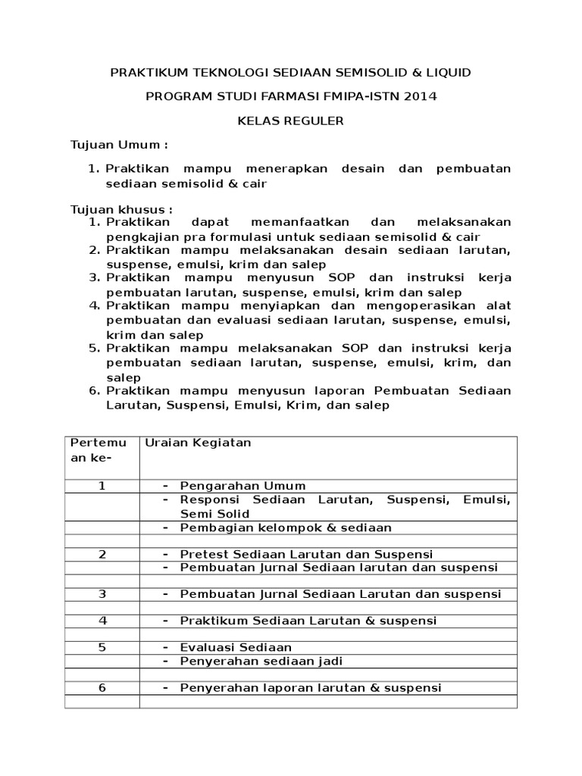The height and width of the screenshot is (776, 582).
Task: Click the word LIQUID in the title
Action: coord(448,73)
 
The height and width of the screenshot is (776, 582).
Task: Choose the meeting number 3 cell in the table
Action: coord(102,594)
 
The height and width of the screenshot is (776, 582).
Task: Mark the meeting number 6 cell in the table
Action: coord(102,688)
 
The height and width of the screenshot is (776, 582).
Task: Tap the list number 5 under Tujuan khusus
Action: coord(95,349)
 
